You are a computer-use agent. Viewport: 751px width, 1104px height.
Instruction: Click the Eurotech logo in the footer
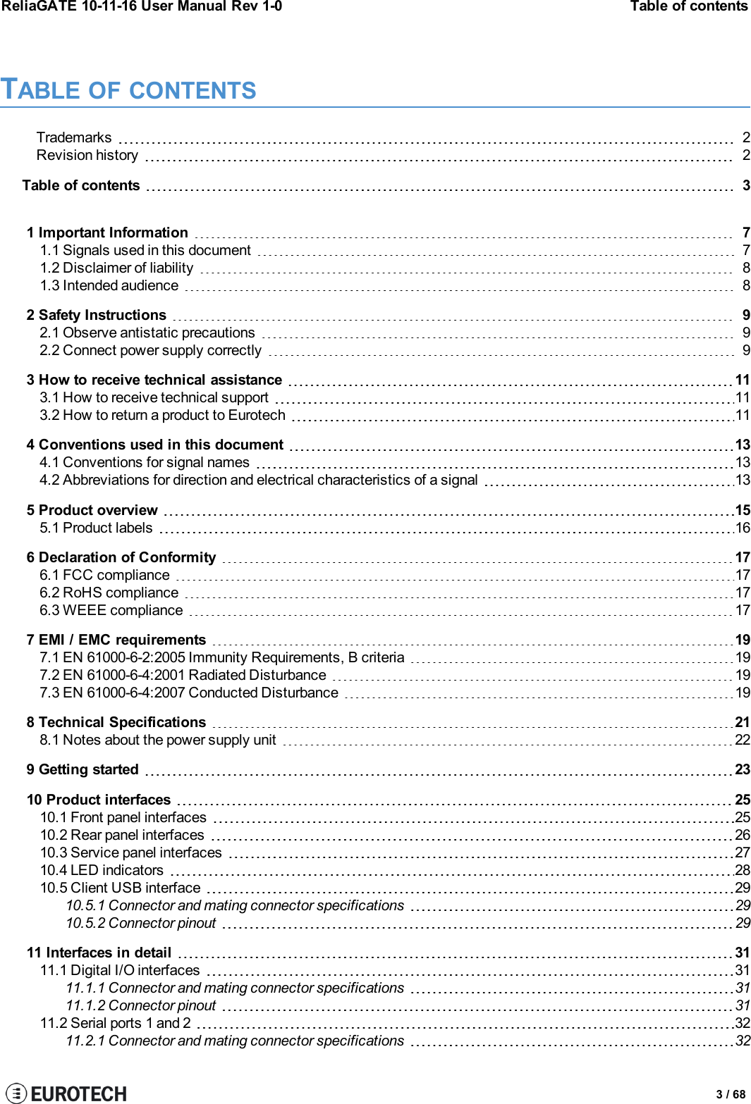pos(66,1093)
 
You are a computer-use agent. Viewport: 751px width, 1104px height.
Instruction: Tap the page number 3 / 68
pos(731,1094)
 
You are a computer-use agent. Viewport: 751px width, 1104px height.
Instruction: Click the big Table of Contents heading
pos(128,90)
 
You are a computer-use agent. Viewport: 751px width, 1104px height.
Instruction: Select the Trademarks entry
pos(74,137)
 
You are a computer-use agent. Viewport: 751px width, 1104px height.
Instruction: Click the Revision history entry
pos(87,155)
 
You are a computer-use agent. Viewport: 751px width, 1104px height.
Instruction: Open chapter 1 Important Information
pos(107,232)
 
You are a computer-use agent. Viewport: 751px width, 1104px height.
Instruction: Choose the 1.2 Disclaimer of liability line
pos(116,268)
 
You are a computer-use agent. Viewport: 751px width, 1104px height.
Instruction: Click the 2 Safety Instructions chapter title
pos(97,315)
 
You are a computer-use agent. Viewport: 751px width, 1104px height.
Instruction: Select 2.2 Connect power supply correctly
pos(150,350)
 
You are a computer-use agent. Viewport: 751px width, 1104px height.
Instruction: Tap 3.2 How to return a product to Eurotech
pos(162,415)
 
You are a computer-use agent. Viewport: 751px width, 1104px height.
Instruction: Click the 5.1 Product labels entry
pos(96,528)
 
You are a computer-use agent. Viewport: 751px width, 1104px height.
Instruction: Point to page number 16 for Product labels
pos(743,528)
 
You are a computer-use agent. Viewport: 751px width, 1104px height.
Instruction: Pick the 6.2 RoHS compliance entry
pos(109,593)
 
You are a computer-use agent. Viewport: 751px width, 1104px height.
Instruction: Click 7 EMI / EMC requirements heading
pos(116,640)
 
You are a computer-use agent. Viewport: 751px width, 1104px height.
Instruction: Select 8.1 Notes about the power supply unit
pos(158,740)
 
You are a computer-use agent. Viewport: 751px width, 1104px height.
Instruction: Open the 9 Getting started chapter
pos(83,769)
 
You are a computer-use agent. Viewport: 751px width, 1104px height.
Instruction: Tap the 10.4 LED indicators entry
pos(102,870)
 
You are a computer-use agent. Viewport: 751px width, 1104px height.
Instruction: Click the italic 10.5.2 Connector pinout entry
pos(141,923)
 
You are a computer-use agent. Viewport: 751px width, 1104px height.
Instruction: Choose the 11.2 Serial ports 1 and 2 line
pos(115,1023)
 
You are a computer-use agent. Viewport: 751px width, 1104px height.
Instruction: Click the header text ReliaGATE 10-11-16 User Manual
pos(141,6)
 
